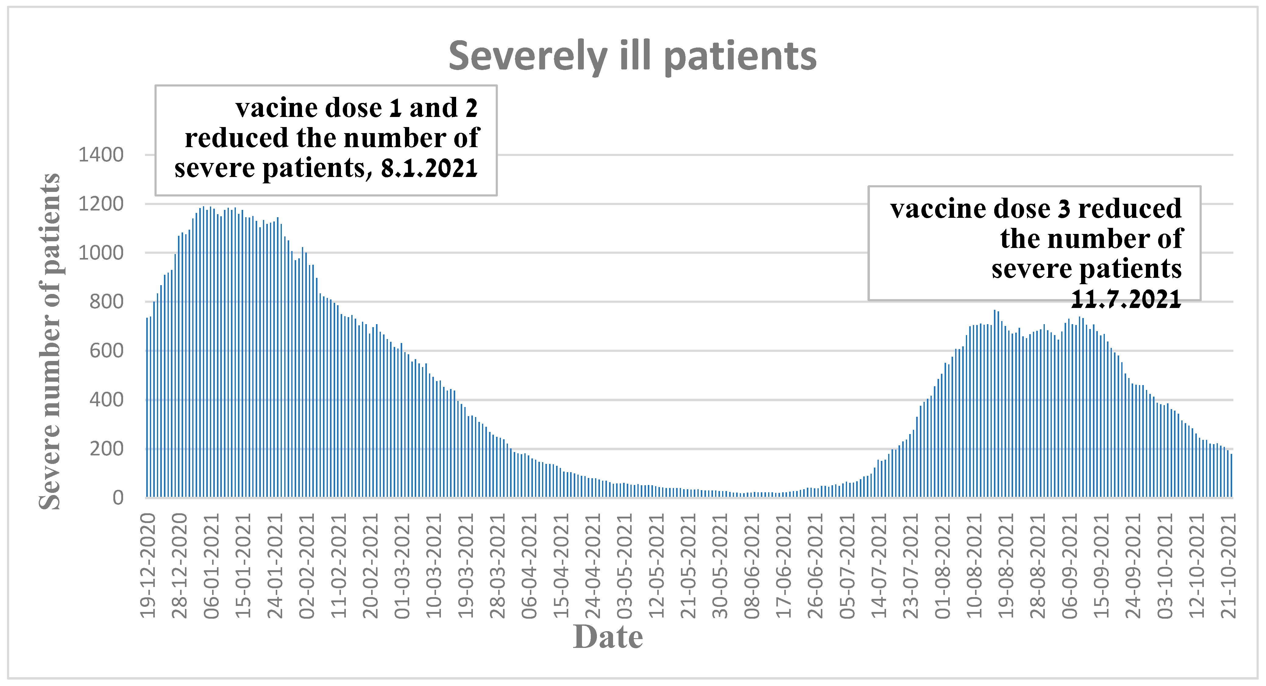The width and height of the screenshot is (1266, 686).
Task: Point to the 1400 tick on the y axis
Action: pos(101,155)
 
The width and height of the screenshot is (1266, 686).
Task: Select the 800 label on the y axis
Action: pos(106,302)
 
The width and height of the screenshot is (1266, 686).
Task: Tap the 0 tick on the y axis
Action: pos(118,498)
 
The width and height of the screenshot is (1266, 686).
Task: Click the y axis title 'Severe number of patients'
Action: pos(50,341)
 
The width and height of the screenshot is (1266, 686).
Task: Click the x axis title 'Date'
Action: pos(608,637)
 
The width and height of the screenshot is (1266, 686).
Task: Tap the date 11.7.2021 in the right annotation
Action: pos(1126,299)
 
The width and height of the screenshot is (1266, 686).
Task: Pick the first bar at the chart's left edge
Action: pos(147,408)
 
